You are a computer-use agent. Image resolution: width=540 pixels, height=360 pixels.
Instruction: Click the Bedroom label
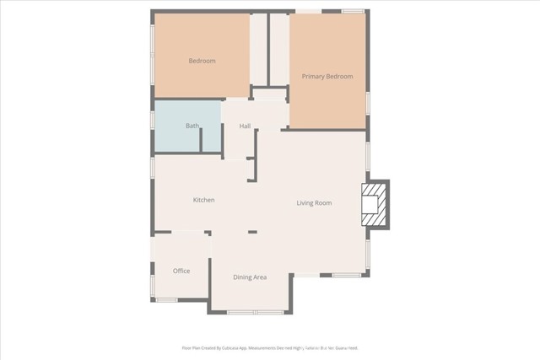(x=202, y=61)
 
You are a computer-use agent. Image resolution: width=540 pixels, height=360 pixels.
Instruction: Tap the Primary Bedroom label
(x=327, y=77)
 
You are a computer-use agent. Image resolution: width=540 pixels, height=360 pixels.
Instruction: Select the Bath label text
(x=192, y=126)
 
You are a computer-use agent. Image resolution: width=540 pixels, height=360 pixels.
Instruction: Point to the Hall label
(x=245, y=126)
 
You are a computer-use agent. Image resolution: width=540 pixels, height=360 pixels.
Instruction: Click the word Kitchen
(x=203, y=200)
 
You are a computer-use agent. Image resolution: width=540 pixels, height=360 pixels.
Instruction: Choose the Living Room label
(x=314, y=203)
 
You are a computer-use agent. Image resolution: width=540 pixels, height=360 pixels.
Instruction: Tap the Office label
(x=181, y=271)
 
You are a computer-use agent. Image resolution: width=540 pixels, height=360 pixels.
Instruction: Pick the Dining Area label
(x=250, y=277)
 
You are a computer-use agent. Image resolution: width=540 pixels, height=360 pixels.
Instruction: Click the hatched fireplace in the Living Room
(x=371, y=204)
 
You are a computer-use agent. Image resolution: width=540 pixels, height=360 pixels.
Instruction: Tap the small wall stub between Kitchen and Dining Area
(x=252, y=232)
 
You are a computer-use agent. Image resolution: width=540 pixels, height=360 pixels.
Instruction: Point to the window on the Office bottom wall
(x=167, y=301)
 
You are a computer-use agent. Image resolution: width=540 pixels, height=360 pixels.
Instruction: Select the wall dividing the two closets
(x=270, y=51)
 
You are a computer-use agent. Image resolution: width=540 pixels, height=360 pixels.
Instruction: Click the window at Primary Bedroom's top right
(x=353, y=11)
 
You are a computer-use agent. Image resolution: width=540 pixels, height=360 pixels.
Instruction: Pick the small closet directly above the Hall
(x=270, y=94)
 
